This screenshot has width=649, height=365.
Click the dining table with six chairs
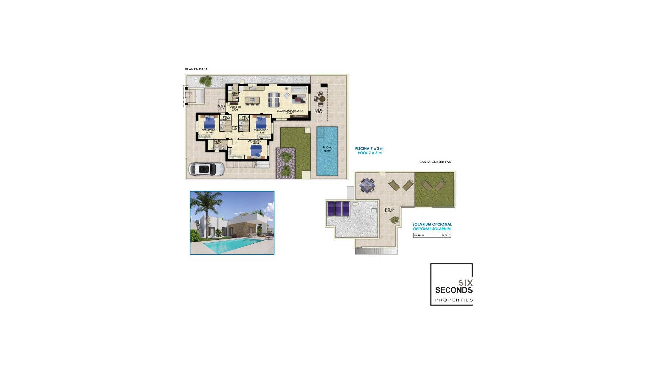point(274,99)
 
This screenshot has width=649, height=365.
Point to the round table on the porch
point(322,99)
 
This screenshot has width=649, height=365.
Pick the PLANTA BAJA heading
point(196,69)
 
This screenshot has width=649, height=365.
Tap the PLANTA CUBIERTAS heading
point(434,162)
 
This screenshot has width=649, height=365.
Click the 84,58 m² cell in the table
point(446,235)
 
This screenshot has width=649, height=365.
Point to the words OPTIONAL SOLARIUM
point(432,229)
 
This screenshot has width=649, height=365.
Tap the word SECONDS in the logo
point(454,290)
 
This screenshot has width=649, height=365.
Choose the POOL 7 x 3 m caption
point(369,153)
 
